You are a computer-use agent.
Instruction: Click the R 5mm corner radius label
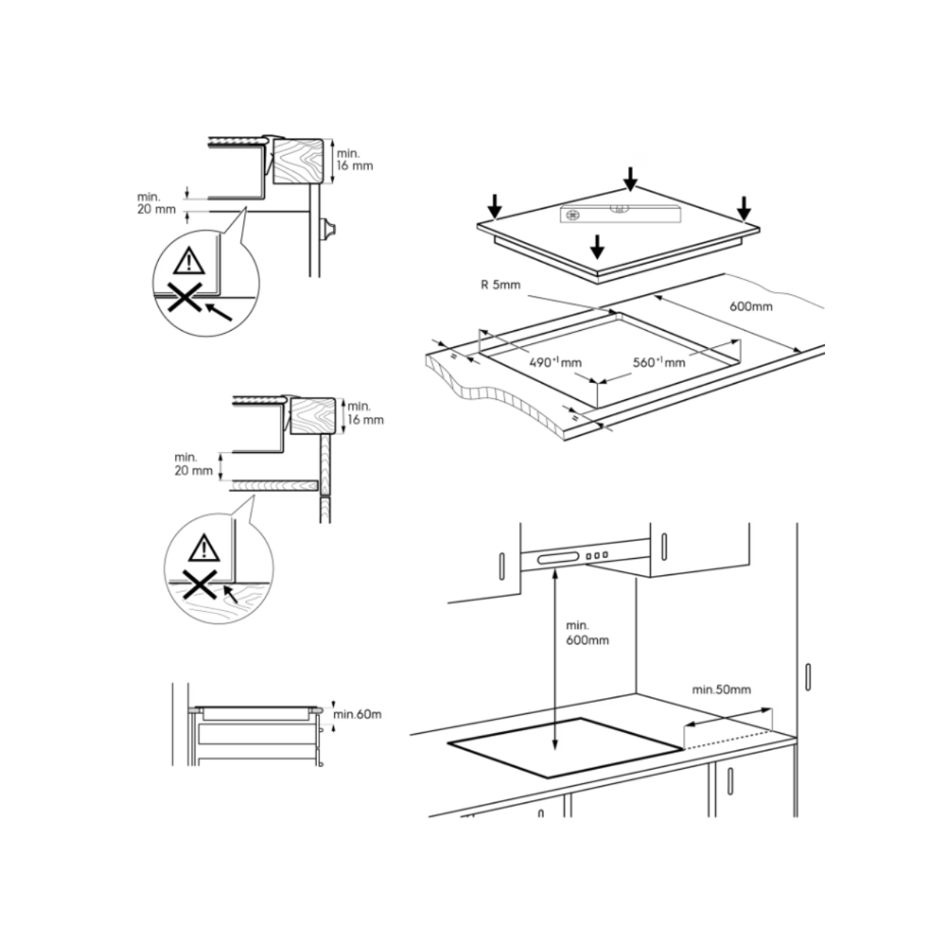coord(500,285)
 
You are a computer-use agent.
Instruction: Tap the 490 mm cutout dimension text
coord(556,362)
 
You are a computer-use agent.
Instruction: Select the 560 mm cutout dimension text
coord(659,362)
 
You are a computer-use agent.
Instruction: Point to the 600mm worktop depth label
coord(751,307)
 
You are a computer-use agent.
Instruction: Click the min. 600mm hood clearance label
coord(587,633)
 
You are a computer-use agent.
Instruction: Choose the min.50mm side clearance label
coord(722,690)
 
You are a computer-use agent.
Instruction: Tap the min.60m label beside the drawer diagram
coord(357,714)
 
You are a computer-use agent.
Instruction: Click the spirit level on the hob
coord(620,214)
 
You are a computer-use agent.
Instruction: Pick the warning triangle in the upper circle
coord(189,261)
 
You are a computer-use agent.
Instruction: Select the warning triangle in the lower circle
coord(204,548)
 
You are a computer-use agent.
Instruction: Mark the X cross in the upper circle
coord(184,297)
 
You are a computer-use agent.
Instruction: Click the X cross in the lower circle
coord(199,584)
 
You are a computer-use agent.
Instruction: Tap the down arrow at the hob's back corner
coord(630,179)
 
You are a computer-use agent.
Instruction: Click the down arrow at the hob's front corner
coord(598,247)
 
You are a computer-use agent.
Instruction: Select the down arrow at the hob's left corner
coord(494,206)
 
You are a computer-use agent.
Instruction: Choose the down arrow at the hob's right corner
coord(744,208)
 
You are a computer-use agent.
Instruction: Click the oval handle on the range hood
coord(557,559)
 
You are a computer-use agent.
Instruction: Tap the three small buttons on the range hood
coord(597,556)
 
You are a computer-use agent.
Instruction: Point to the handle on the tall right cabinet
coord(808,676)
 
